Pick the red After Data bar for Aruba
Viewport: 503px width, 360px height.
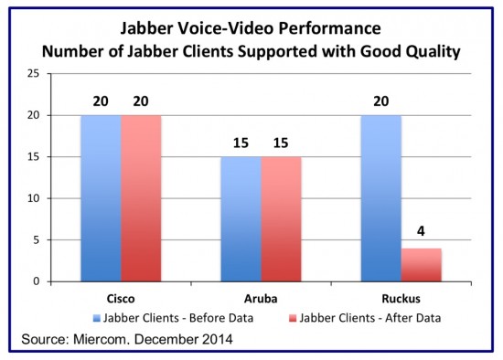tap(280, 219)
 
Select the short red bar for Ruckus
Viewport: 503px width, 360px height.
tap(423, 265)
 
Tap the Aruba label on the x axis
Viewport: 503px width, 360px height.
tap(262, 299)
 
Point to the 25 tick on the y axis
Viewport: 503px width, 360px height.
tap(57, 73)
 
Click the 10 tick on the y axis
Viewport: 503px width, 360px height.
tap(57, 198)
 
